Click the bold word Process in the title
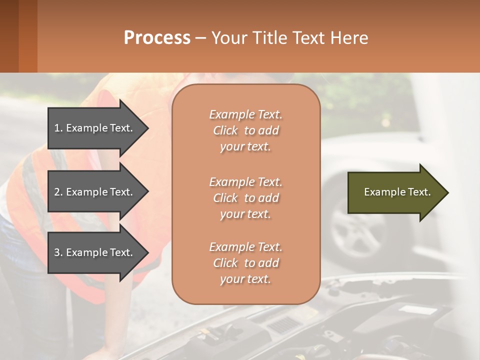pos(157,38)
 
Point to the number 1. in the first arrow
pos(58,128)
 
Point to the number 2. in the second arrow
pos(58,192)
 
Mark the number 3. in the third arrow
pos(58,252)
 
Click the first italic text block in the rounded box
pos(245,130)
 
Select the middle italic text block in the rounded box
pos(245,198)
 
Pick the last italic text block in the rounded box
pos(245,263)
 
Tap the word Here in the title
pos(350,38)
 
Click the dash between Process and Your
pos(201,38)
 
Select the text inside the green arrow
pos(397,192)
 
